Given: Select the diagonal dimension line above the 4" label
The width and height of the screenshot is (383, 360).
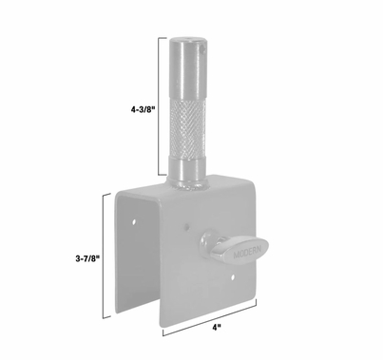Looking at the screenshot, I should [x=210, y=315].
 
